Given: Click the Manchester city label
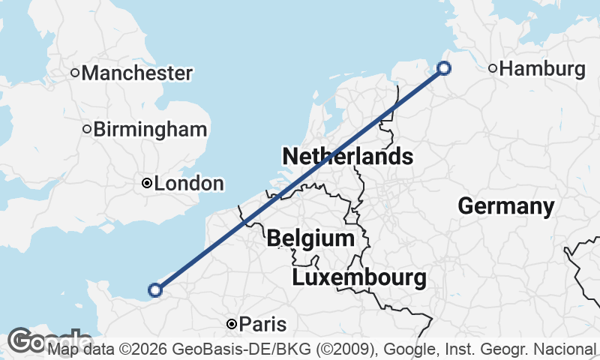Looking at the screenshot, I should pyautogui.click(x=137, y=73).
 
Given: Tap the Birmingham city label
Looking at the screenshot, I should pyautogui.click(x=150, y=129).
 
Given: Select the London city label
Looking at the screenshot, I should pyautogui.click(x=189, y=184).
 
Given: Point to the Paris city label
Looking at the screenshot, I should pyautogui.click(x=262, y=325).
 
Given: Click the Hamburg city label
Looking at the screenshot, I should pyautogui.click(x=541, y=69).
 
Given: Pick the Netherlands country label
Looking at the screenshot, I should pyautogui.click(x=347, y=157).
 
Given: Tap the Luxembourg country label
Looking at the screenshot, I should pyautogui.click(x=359, y=278).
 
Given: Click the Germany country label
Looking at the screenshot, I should pyautogui.click(x=506, y=206).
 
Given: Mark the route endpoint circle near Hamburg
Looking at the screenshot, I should pyautogui.click(x=444, y=68).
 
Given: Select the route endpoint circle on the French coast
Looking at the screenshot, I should pyautogui.click(x=155, y=289).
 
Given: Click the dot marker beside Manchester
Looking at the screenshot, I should pyautogui.click(x=75, y=73).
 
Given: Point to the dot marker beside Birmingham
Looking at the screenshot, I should pyautogui.click(x=87, y=129).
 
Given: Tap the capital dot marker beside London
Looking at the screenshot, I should pyautogui.click(x=147, y=183).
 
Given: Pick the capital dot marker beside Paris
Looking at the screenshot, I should pyautogui.click(x=232, y=324).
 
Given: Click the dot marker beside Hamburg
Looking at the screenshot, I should pyautogui.click(x=493, y=69).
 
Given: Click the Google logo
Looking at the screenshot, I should pyautogui.click(x=30, y=341).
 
